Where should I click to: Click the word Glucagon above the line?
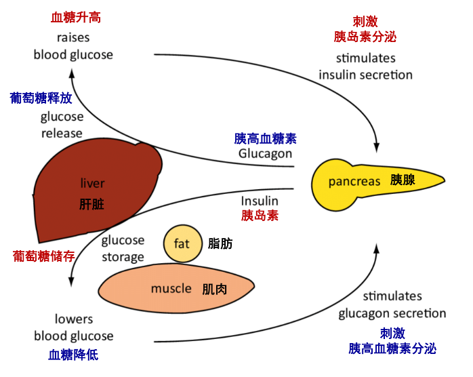pyautogui.click(x=265, y=153)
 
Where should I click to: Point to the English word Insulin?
pyautogui.click(x=260, y=201)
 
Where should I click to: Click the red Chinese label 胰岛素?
pyautogui.click(x=260, y=216)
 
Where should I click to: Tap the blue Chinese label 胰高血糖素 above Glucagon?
pyautogui.click(x=265, y=138)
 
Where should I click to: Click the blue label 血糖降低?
pyautogui.click(x=73, y=355)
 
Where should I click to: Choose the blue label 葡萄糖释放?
pyautogui.click(x=41, y=98)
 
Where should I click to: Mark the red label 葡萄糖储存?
pyautogui.click(x=43, y=256)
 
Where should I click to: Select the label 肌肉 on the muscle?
pyautogui.click(x=214, y=290)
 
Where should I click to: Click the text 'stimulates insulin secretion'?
pyautogui.click(x=365, y=66)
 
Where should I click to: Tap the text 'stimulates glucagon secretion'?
pyautogui.click(x=392, y=305)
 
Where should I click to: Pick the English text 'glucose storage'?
pyautogui.click(x=123, y=248)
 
